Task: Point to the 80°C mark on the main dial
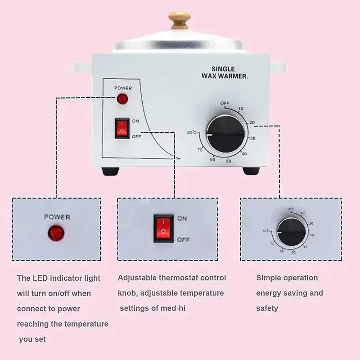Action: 192,132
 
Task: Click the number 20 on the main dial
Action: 252,123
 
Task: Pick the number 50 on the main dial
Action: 228,161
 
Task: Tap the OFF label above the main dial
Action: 225,103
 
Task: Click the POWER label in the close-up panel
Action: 57,217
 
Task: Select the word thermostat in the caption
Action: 180,278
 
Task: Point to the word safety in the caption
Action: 267,308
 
